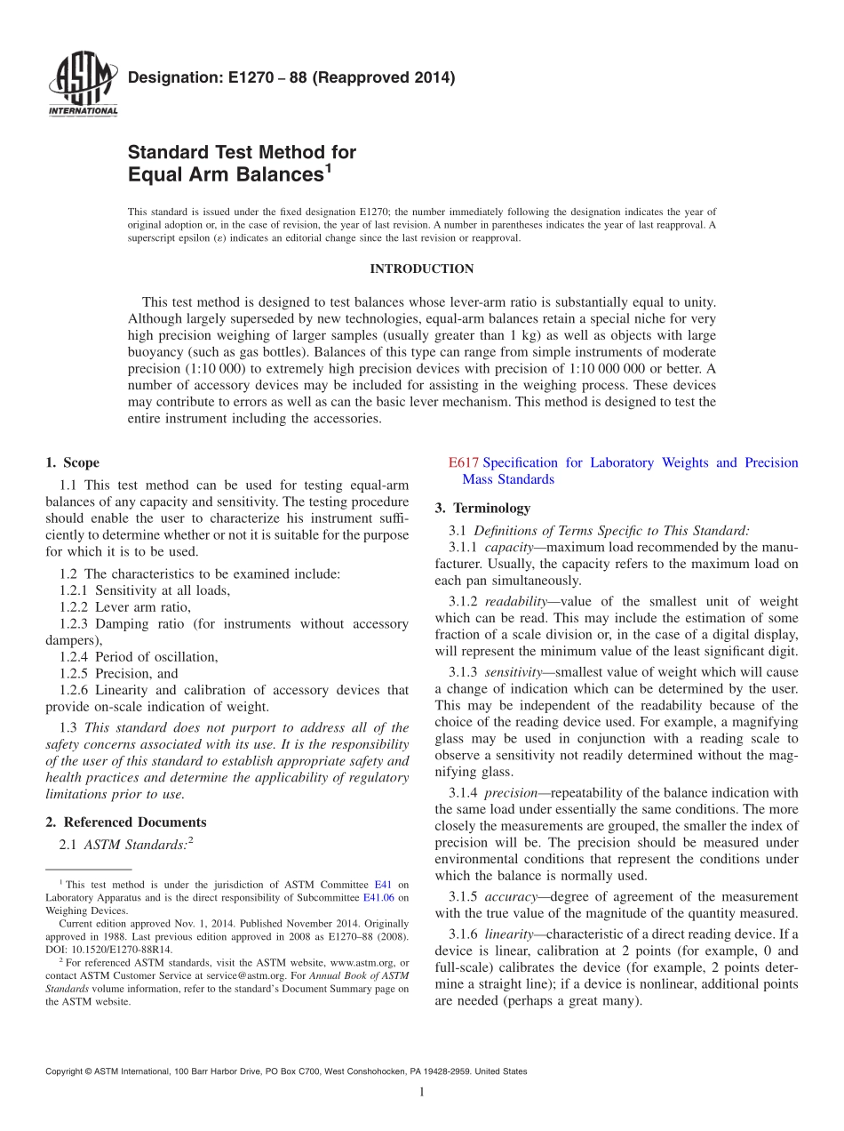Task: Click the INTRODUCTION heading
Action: coord(421,269)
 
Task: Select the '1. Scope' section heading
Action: coord(72,462)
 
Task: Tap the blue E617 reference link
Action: coord(463,462)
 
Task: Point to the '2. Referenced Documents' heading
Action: coord(125,822)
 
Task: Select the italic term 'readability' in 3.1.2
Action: coord(514,602)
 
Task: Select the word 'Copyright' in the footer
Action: coord(65,1072)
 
